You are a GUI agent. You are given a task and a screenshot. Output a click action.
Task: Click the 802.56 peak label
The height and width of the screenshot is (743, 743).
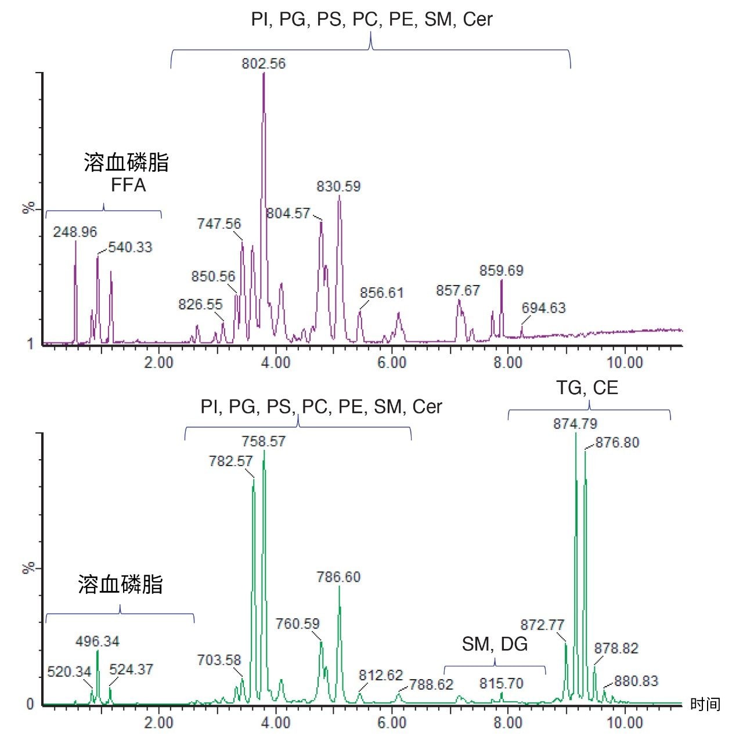coord(264,63)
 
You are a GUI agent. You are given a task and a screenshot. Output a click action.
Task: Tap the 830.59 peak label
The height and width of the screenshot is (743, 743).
coord(338,186)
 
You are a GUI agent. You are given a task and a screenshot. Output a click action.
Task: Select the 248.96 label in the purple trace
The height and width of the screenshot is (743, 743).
coord(75,232)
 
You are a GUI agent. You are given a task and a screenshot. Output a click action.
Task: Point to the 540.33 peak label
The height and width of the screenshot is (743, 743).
coord(130,247)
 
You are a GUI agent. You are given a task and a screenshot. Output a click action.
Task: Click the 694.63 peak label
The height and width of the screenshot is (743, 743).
coord(543,308)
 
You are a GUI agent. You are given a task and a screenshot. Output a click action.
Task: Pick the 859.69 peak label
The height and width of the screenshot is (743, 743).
coord(501,270)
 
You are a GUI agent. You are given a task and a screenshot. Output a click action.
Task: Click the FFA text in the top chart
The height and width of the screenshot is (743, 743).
coord(128,185)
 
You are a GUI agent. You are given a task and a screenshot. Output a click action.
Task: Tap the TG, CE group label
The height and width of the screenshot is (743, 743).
coord(587,388)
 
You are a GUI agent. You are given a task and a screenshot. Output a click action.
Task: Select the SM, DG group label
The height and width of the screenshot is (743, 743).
coord(495,644)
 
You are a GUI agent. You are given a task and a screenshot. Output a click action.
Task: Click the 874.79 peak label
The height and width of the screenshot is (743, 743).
coord(575,424)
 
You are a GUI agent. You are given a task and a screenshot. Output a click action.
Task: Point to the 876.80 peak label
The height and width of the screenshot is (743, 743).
coord(617,442)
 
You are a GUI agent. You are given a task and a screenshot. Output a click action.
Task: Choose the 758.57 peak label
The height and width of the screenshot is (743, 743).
coord(264,441)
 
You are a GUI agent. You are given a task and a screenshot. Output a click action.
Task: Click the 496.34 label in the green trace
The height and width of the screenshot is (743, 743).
coord(98,641)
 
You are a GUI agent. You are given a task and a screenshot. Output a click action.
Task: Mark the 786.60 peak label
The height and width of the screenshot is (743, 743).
coord(338,577)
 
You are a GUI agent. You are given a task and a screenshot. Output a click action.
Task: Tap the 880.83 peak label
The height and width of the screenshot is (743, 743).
coord(636,681)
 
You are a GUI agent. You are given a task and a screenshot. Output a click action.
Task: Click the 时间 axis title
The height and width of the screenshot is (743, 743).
coord(705,705)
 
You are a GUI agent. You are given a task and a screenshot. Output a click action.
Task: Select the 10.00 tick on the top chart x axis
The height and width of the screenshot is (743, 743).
coord(625,363)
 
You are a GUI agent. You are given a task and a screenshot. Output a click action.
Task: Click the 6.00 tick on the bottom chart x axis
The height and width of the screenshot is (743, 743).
coord(392,723)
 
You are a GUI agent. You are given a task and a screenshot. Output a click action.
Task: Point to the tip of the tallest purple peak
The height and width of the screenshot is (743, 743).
coord(264,74)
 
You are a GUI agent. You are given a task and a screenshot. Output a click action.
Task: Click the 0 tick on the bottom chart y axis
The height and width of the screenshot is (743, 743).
coord(30,705)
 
